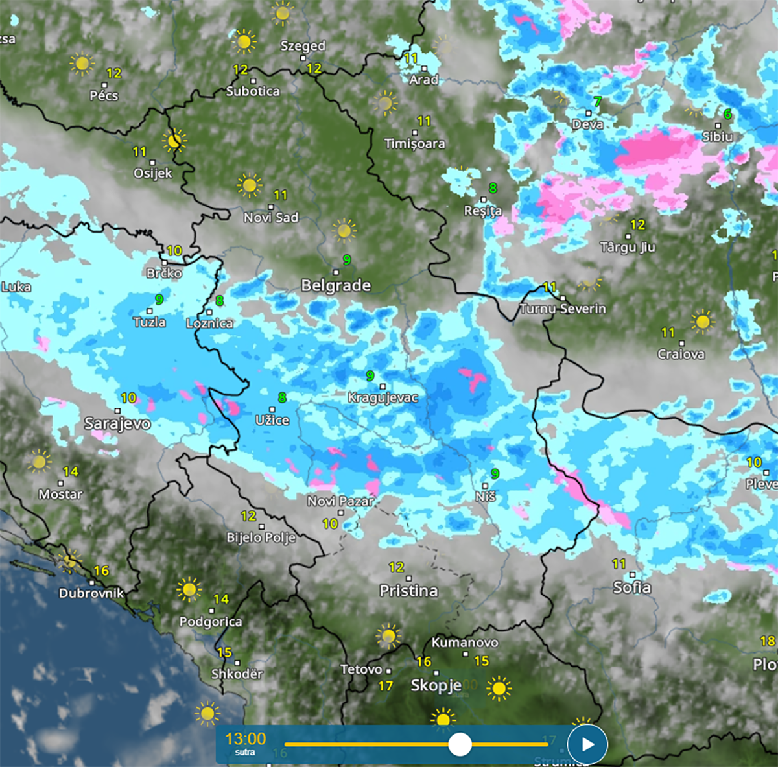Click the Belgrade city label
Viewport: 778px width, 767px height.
point(336,285)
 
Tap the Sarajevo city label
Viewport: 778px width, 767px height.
point(117,423)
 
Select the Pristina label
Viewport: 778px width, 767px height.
point(408,591)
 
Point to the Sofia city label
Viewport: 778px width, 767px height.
point(631,587)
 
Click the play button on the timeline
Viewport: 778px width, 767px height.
point(587,744)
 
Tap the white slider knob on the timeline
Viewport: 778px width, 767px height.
point(460,744)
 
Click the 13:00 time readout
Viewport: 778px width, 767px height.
point(245,739)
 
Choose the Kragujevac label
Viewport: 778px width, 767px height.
point(383,397)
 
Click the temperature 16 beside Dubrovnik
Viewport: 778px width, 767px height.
point(101,571)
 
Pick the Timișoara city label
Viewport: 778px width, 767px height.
point(414,143)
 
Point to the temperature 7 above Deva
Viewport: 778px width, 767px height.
point(597,102)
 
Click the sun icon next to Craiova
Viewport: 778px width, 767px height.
point(702,321)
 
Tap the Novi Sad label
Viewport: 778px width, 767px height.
point(271,217)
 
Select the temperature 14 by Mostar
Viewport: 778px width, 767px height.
point(71,471)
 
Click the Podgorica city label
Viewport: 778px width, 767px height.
point(211,621)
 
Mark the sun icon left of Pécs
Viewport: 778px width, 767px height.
point(82,64)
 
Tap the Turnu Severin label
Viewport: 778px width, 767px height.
point(563,309)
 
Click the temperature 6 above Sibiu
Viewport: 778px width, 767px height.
point(727,114)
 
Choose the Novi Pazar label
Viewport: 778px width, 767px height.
point(340,501)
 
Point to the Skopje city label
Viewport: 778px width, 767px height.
point(436,685)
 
